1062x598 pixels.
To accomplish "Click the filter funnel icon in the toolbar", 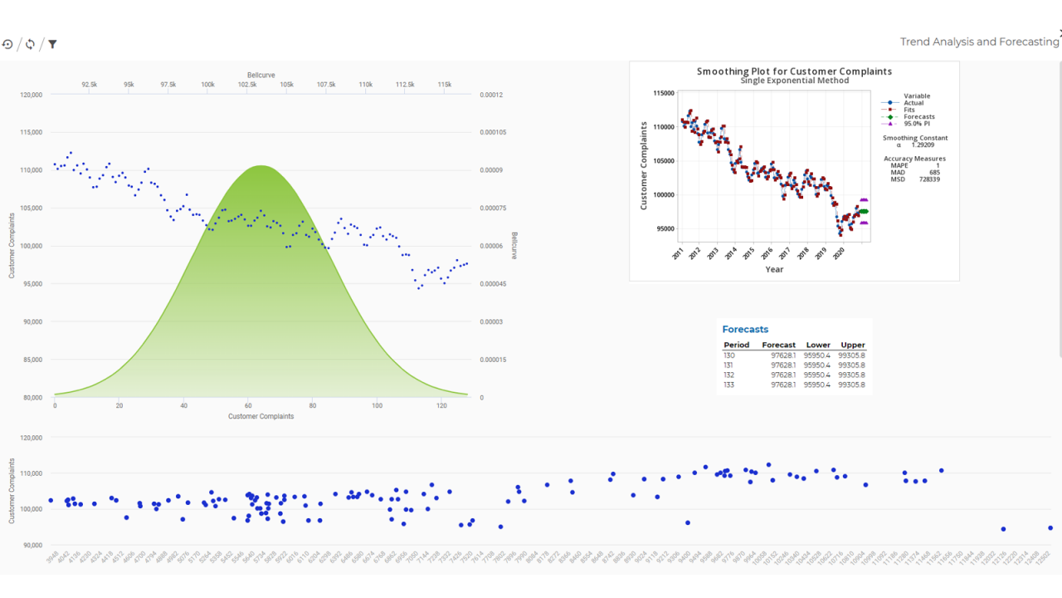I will pos(52,44).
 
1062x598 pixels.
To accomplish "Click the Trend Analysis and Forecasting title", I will pos(979,42).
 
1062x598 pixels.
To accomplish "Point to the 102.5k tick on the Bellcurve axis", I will pos(247,85).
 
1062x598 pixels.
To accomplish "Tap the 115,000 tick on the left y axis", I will pos(31,132).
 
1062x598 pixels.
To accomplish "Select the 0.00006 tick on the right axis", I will pos(491,246).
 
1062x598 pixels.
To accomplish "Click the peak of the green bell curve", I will pos(262,166).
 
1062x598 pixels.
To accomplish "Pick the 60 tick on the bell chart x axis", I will pos(248,405).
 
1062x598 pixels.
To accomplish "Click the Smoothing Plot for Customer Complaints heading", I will pos(794,71).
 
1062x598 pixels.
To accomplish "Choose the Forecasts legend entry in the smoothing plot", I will pos(918,117).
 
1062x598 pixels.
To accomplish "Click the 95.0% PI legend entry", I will pos(917,124).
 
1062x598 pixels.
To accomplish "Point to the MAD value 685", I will pos(934,172).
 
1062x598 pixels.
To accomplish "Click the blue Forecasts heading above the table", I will pos(745,330).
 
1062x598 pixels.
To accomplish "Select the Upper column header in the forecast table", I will pos(852,345).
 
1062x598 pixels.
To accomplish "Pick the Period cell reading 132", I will pos(729,375).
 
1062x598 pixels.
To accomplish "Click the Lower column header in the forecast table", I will pos(818,345).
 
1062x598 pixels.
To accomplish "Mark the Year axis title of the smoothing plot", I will pos(774,269).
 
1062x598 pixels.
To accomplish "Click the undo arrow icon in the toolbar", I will pos(7,44).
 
